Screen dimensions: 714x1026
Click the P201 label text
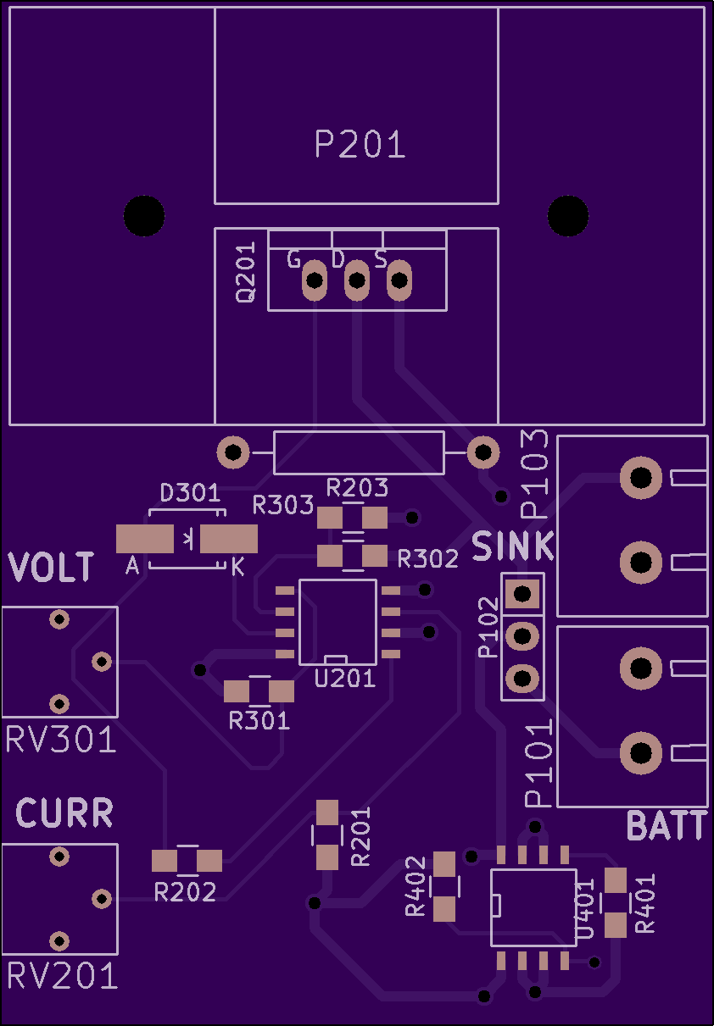[360, 144]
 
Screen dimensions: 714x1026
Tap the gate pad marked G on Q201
[315, 280]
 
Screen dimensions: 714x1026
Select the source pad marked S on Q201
[399, 280]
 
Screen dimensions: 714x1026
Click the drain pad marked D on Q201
[357, 280]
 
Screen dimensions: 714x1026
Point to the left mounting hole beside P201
[144, 216]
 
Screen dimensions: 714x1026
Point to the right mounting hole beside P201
[568, 216]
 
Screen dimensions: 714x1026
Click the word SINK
[513, 546]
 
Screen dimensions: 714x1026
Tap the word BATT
[667, 826]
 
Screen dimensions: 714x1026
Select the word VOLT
[51, 567]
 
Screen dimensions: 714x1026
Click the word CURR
[64, 813]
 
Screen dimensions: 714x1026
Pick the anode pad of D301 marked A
[145, 539]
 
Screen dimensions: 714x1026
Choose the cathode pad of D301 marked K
[229, 539]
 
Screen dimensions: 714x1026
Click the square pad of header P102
[522, 594]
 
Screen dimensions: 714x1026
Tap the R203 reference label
[357, 487]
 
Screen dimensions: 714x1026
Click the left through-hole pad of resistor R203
[233, 452]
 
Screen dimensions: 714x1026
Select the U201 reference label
[345, 679]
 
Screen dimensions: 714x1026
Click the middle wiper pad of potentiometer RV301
[102, 662]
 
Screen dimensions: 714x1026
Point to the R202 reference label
[185, 892]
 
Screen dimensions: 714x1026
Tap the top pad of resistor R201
[327, 812]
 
